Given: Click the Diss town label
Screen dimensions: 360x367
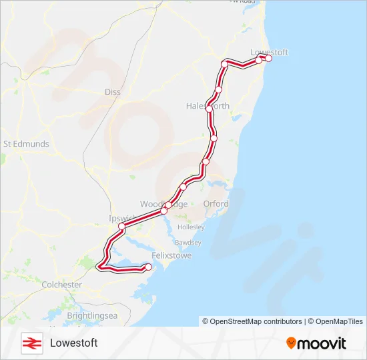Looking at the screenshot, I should [113, 92].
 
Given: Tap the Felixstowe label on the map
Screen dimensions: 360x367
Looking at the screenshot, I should [153, 255].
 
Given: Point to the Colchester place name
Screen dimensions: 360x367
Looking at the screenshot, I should [62, 285].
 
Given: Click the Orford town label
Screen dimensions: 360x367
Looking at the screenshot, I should [216, 204].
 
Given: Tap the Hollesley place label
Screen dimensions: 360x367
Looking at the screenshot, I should [192, 227].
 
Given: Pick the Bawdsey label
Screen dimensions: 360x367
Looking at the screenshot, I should [188, 242].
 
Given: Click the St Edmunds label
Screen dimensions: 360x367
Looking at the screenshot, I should [26, 143].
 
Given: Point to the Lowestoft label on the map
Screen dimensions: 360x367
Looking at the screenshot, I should [268, 51].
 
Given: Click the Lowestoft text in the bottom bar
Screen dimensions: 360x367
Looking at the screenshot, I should [74, 343].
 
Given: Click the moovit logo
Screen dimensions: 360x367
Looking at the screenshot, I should [316, 343].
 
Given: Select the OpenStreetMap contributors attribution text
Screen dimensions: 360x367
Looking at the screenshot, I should [252, 321].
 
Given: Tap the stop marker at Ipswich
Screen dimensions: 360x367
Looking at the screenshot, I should [122, 227].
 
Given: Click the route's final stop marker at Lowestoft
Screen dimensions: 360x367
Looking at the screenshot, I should [269, 59].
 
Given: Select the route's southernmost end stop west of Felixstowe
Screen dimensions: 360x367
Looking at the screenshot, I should [148, 267].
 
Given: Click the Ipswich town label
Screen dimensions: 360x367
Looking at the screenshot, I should [120, 218].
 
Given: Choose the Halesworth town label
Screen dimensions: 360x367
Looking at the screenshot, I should [208, 106].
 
